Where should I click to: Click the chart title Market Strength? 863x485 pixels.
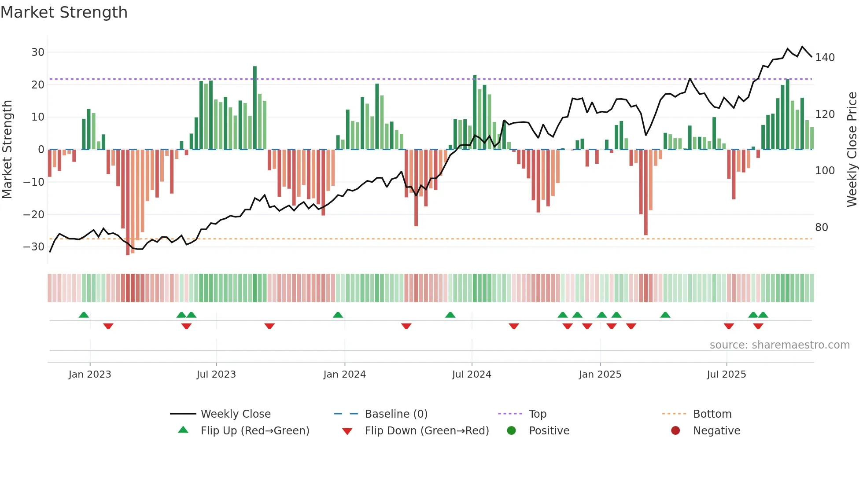(x=64, y=12)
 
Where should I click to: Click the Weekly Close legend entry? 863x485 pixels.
(x=235, y=414)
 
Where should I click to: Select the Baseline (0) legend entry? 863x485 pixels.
(x=396, y=414)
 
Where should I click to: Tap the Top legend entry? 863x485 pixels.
(x=537, y=414)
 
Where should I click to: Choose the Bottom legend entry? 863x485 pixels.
(x=712, y=414)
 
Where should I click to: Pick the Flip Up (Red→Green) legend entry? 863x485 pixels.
(x=254, y=430)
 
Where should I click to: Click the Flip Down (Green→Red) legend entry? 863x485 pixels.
(x=427, y=430)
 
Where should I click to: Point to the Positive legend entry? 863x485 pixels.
(x=549, y=430)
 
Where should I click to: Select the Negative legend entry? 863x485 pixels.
(x=716, y=430)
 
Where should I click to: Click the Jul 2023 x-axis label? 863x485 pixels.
(x=216, y=374)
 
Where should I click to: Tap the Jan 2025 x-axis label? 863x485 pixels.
(x=600, y=374)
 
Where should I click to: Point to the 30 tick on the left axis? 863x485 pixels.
(x=38, y=52)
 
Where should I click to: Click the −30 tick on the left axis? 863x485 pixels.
(x=34, y=246)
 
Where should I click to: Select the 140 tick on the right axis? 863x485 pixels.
(x=825, y=58)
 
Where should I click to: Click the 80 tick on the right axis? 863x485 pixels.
(x=822, y=228)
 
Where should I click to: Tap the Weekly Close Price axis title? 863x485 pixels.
(x=852, y=150)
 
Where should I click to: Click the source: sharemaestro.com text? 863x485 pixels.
(x=779, y=345)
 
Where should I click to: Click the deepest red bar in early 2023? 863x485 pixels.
(x=128, y=202)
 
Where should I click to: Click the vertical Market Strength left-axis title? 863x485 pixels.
(x=7, y=150)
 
